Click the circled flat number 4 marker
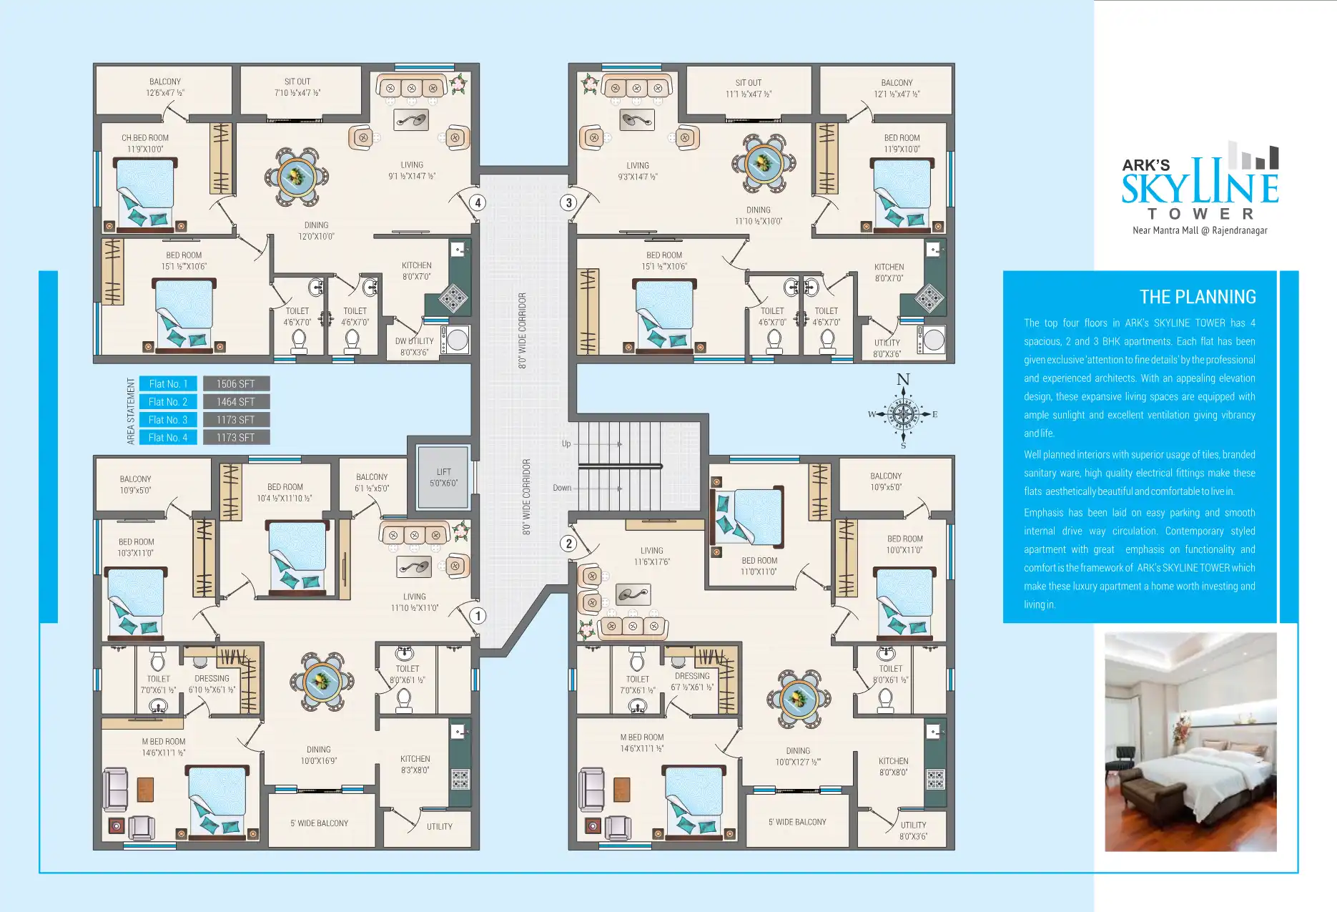tap(478, 202)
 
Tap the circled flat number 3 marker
tap(568, 202)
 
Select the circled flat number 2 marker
tap(568, 544)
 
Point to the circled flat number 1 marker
tap(478, 616)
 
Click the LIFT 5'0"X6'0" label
tap(443, 477)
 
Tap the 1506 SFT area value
tap(236, 384)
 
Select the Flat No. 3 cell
tap(168, 420)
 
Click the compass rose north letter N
tap(903, 379)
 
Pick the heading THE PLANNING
tap(1197, 297)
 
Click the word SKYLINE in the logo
tap(1199, 187)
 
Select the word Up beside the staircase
tap(566, 443)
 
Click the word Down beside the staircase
tap(562, 488)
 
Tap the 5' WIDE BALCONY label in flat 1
tap(319, 823)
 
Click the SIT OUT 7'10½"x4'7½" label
tap(297, 87)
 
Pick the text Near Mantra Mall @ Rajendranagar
tap(1200, 230)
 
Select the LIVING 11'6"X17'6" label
tap(651, 556)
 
